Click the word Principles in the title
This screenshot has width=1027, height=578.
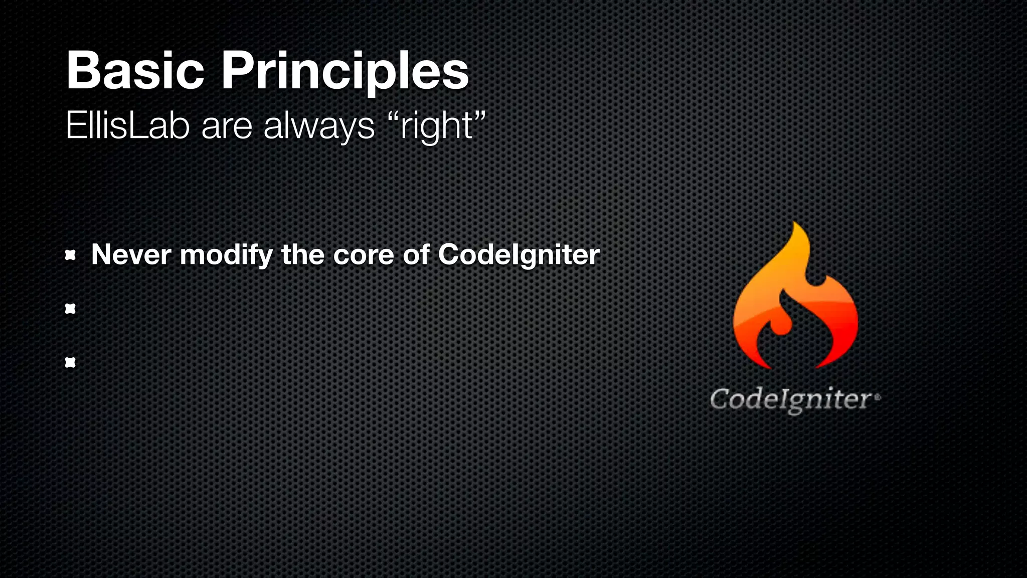tap(345, 71)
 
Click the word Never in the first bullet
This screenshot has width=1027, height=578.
tap(131, 254)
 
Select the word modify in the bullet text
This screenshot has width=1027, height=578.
tap(226, 254)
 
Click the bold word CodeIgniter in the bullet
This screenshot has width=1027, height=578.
tap(519, 254)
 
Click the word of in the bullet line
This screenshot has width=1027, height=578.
tap(416, 254)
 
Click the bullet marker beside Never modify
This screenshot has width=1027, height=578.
tap(70, 256)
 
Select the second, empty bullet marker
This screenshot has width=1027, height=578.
tap(70, 309)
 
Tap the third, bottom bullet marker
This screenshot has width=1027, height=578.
tap(70, 362)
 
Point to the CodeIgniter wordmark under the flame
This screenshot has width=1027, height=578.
tap(791, 400)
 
